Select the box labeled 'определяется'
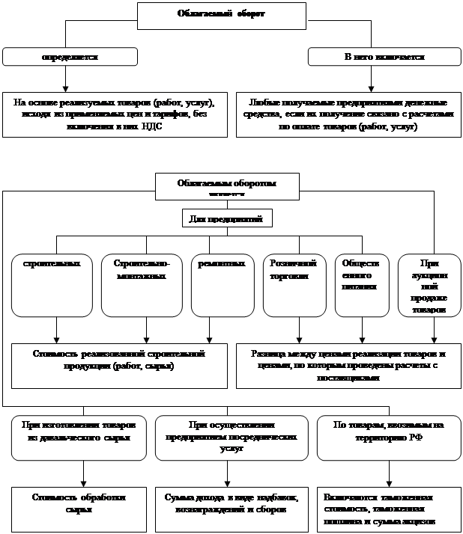70,57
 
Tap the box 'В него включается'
384,57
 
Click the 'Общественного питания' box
362,285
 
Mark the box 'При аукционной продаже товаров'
429,285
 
